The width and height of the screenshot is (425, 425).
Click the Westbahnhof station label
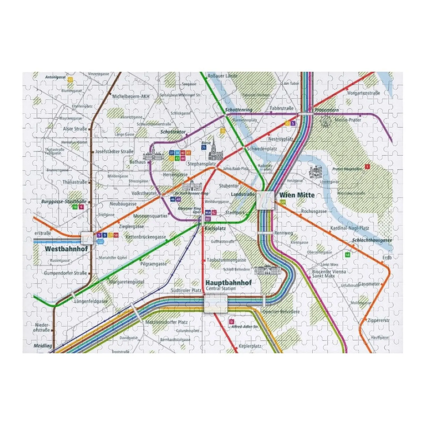pos(66,249)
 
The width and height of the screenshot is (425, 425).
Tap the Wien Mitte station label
pos(297,195)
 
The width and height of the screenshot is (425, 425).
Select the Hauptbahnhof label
pos(228,283)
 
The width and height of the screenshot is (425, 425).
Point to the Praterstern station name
pos(326,110)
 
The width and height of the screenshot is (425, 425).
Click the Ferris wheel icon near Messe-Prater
pos(325,122)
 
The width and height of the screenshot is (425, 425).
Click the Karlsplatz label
pos(215,228)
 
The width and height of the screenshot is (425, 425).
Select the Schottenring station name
pos(239,110)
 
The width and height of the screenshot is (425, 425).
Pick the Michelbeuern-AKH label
pos(131,96)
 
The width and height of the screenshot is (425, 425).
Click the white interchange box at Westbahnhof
pos(87,238)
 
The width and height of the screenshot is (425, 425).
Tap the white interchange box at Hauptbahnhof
pos(216,303)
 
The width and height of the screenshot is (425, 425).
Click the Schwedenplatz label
pos(262,149)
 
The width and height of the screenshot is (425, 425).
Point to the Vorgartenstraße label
pos(363,93)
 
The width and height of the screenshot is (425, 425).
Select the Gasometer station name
pos(369,284)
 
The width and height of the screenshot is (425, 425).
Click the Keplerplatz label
pos(250,346)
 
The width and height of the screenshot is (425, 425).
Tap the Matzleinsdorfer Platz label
pos(166,322)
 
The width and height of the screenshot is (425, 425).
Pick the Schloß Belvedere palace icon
pos(266,270)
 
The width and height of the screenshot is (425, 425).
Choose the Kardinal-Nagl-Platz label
pos(349,228)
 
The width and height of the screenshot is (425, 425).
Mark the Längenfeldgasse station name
pos(91,301)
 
